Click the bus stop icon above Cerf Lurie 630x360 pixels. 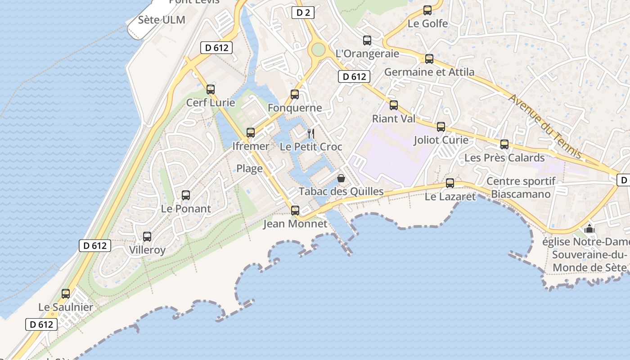tap(211, 89)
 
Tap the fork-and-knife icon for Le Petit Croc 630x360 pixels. tap(310, 133)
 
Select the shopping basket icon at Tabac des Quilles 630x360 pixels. tap(341, 178)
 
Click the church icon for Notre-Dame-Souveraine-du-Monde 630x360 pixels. tap(589, 229)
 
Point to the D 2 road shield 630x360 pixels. tap(303, 13)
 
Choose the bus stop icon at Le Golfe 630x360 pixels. tap(427, 10)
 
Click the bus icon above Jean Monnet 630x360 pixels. tap(295, 210)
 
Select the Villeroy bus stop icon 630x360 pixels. tap(147, 236)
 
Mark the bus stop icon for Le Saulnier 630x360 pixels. tap(66, 294)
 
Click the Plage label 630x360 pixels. tap(250, 169)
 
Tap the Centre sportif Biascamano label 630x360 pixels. tap(521, 188)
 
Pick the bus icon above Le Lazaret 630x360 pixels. tap(450, 183)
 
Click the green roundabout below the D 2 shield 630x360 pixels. tap(318, 49)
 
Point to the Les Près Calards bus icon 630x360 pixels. tap(504, 144)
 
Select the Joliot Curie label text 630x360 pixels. tap(441, 140)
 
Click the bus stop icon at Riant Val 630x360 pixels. tap(394, 105)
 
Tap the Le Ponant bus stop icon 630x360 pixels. tap(186, 195)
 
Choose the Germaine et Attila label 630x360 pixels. tap(429, 72)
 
